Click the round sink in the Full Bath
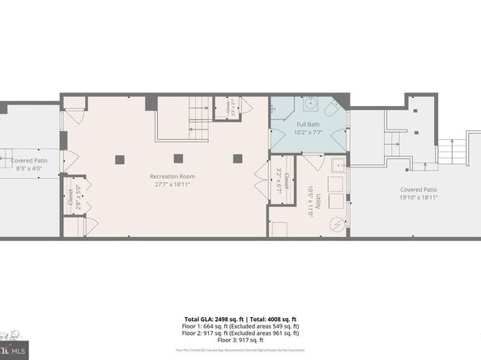pos(310,104)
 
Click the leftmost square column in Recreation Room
pos(120,158)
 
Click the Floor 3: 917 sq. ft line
pos(240,339)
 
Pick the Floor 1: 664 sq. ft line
pos(240,326)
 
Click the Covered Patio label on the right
pos(419,189)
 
